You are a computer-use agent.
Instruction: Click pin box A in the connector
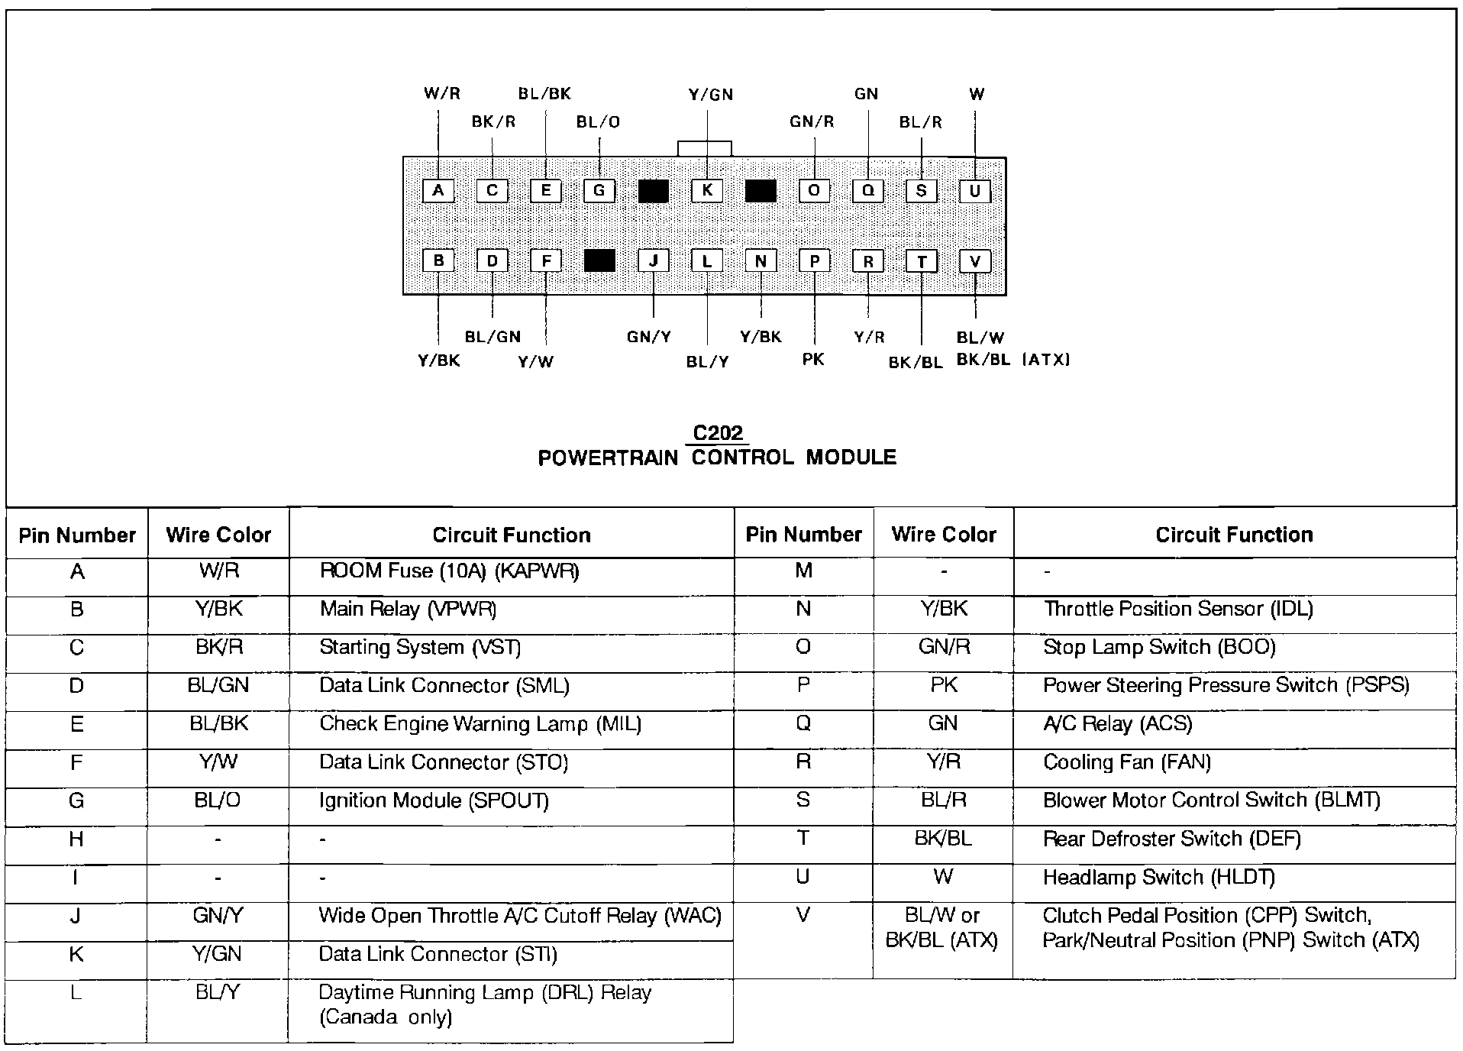tap(438, 191)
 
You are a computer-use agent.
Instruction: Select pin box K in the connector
tap(707, 191)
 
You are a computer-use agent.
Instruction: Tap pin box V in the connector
tap(975, 262)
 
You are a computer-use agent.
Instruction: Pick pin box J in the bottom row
tap(654, 262)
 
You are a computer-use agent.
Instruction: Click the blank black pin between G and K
tap(654, 191)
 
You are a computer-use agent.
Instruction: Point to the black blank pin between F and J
tap(599, 261)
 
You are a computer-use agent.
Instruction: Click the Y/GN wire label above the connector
tap(710, 95)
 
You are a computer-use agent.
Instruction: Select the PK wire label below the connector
tap(813, 359)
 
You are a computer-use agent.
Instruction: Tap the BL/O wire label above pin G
tap(598, 122)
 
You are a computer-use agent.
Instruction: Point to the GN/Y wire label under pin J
tap(649, 337)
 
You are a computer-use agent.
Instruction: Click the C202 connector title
tap(718, 433)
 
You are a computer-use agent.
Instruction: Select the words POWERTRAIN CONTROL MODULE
tap(717, 458)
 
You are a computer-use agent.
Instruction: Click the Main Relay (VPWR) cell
tap(408, 610)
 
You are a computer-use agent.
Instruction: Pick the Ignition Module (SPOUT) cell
tap(434, 800)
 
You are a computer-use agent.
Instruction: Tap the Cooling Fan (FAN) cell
tap(1127, 762)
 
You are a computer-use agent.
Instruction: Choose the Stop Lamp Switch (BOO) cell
tap(1159, 648)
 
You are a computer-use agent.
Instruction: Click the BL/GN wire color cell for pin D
tap(218, 686)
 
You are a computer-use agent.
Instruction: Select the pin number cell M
tap(803, 571)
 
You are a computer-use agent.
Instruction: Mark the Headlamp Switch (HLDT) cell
tap(1158, 878)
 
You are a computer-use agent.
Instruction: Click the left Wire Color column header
tap(218, 535)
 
